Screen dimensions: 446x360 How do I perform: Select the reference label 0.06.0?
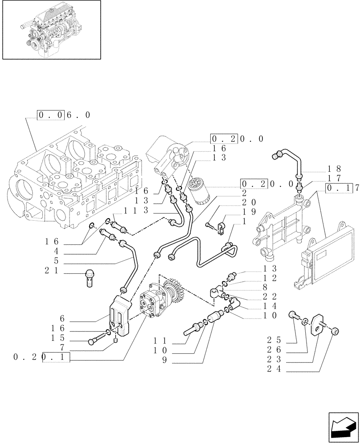(x=64, y=115)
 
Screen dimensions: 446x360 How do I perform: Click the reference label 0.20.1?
(x=42, y=357)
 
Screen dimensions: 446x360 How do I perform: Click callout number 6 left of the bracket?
(x=62, y=318)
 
